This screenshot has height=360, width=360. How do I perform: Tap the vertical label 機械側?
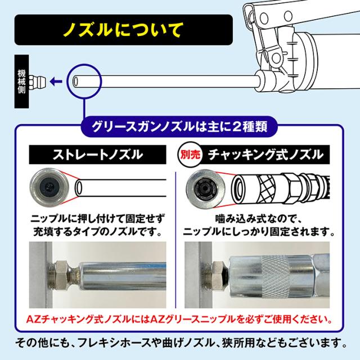click(21, 82)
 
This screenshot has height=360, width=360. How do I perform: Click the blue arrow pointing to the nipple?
click(55, 82)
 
